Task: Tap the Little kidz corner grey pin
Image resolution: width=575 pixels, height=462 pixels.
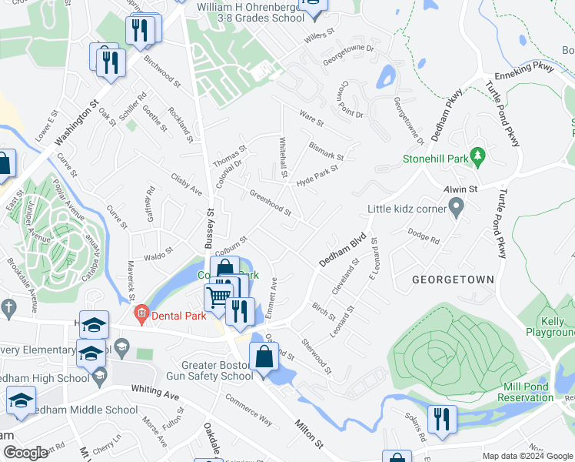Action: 456,206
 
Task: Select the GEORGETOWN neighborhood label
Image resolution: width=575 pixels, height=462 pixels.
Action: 453,279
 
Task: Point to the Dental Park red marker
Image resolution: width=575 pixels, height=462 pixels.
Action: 141,313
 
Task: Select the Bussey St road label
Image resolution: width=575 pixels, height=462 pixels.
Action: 208,227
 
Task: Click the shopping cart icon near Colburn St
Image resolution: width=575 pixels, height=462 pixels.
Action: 219,296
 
